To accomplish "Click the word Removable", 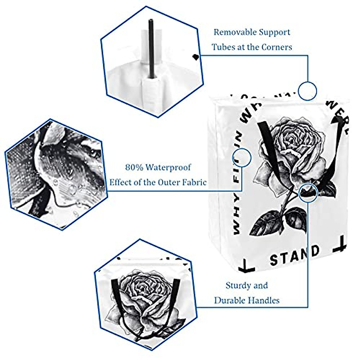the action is [232, 32].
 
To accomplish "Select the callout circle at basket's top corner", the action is [307, 91].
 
